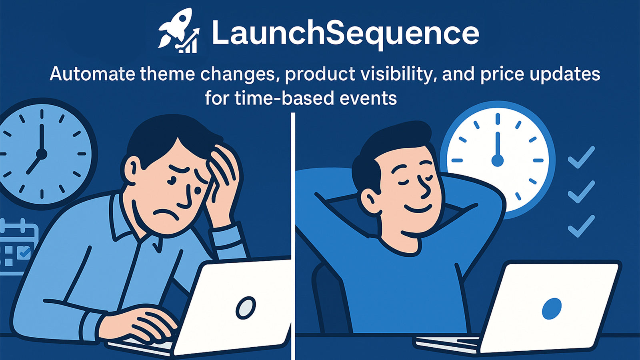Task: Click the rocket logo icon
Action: pos(178,31)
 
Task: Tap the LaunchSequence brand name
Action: pos(346,34)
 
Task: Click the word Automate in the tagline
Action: pos(92,74)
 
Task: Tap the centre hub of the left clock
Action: pos(42,154)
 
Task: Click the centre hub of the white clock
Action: pos(498,160)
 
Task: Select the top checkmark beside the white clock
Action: pos(581,158)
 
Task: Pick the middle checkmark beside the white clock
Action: pos(581,192)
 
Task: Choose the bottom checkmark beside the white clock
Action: pos(581,226)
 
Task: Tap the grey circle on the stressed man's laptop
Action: pos(246,308)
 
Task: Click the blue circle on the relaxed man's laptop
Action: pos(552,308)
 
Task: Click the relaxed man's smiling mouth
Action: pos(418,208)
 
